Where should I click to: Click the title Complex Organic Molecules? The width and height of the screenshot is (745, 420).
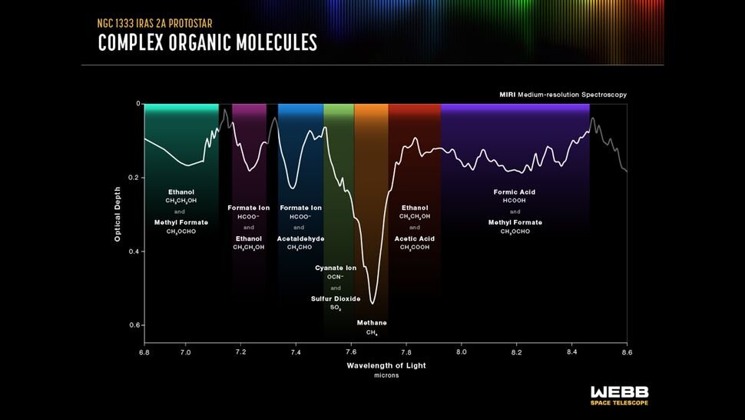(x=207, y=42)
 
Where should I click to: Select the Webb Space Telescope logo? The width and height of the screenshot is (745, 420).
(x=618, y=395)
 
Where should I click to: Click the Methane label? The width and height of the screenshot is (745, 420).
(x=372, y=322)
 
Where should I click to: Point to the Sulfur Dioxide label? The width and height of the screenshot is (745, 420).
(x=336, y=298)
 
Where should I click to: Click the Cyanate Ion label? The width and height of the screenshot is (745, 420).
(x=336, y=268)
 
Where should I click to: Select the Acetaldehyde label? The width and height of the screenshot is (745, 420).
(x=300, y=238)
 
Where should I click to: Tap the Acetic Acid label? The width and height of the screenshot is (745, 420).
(x=415, y=238)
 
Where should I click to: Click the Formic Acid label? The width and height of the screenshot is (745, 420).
(x=515, y=192)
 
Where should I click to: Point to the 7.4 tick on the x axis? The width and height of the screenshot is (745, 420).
(x=296, y=352)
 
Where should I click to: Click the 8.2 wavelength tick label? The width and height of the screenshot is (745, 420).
(x=516, y=352)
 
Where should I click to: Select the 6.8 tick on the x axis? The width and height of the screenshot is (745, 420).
(x=144, y=352)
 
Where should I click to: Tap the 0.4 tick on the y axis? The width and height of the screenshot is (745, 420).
(x=135, y=252)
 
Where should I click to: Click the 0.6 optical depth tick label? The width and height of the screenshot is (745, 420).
(x=135, y=325)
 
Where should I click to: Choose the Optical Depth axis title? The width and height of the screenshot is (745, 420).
(x=118, y=214)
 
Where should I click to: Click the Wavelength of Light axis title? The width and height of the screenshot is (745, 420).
(x=386, y=365)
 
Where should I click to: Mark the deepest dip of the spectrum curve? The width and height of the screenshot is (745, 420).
(x=372, y=303)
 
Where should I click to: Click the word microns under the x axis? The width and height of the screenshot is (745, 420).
(x=386, y=375)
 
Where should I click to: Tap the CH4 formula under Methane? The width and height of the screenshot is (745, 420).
(x=372, y=333)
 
